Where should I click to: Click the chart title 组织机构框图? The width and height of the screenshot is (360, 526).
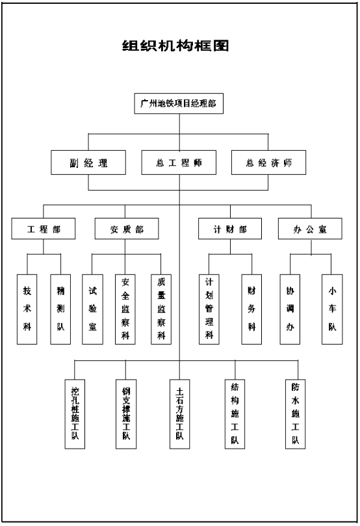tap(175, 46)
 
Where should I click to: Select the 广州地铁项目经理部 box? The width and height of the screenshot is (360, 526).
tap(179, 103)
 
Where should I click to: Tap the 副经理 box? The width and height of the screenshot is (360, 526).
tap(88, 163)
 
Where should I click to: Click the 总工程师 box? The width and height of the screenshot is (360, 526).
tap(179, 163)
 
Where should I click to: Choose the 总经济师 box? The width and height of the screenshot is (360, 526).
tap(268, 163)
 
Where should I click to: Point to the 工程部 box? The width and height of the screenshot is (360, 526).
tap(44, 228)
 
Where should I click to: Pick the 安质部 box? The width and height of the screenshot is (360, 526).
tap(126, 228)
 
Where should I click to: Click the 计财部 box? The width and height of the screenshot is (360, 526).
tap(230, 228)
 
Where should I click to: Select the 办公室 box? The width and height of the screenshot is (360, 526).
tap(310, 228)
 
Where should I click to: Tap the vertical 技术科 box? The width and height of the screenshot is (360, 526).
tap(27, 309)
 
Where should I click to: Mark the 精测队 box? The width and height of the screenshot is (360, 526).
tap(60, 309)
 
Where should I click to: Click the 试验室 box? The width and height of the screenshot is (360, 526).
tap(92, 309)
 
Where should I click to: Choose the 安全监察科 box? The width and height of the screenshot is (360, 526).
tap(125, 309)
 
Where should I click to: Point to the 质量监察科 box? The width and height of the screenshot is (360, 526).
tap(161, 309)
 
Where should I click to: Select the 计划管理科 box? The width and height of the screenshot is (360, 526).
tap(209, 309)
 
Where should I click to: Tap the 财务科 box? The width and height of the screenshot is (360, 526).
tap(251, 309)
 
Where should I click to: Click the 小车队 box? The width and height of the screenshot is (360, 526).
tap(332, 309)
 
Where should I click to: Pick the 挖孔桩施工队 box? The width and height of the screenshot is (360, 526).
tap(75, 414)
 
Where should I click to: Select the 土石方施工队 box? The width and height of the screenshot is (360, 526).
tap(179, 414)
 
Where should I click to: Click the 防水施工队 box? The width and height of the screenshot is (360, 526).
tap(295, 414)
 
